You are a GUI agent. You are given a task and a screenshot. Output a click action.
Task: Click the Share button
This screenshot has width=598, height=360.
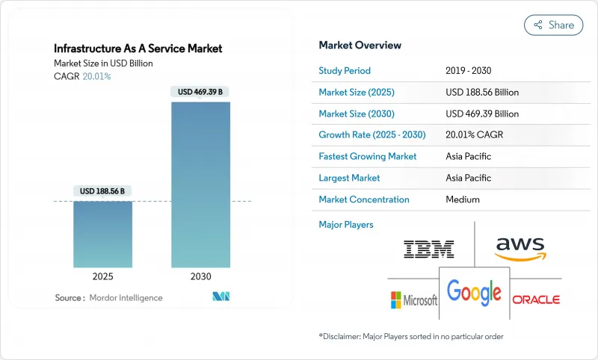[554, 25]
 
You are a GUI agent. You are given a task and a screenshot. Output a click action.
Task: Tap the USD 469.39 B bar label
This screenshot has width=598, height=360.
[201, 92]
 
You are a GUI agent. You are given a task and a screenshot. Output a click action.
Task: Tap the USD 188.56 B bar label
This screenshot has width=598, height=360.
[103, 191]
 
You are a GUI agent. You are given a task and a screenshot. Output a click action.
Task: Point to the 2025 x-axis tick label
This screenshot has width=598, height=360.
[103, 276]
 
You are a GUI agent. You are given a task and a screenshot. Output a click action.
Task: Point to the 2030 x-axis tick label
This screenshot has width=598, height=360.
[201, 276]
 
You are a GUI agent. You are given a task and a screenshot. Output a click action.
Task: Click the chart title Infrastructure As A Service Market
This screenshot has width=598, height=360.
[138, 49]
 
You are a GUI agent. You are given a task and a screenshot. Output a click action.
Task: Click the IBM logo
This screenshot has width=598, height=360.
[428, 249]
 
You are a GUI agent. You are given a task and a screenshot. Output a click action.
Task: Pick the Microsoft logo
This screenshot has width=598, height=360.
[413, 300]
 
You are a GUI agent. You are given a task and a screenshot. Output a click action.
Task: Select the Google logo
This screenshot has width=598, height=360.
[474, 291]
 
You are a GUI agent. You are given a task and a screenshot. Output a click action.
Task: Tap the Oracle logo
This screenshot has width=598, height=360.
[536, 300]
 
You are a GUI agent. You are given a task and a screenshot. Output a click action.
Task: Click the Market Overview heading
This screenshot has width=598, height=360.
[360, 45]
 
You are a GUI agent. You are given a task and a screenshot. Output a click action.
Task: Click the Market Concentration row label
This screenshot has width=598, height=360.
[364, 199]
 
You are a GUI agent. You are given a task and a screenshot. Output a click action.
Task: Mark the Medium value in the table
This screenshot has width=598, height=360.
[462, 199]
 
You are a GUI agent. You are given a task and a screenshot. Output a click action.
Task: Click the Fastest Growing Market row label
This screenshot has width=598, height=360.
[368, 157]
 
